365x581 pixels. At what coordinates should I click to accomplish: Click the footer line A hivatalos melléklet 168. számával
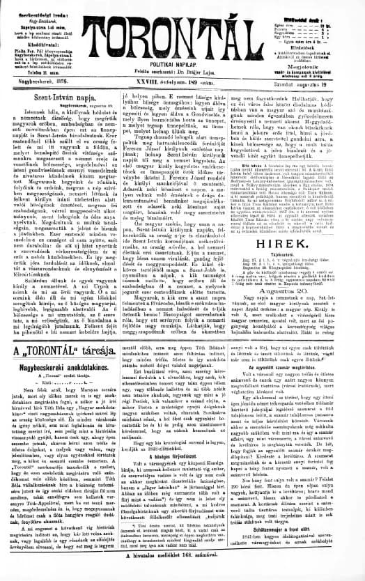pos(182,573)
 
